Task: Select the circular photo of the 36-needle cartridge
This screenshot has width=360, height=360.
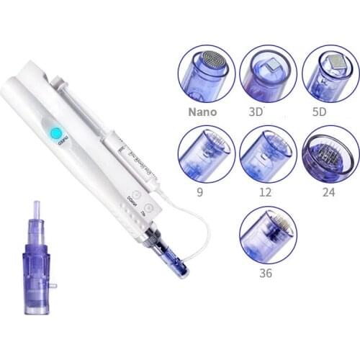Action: click(268, 235)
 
